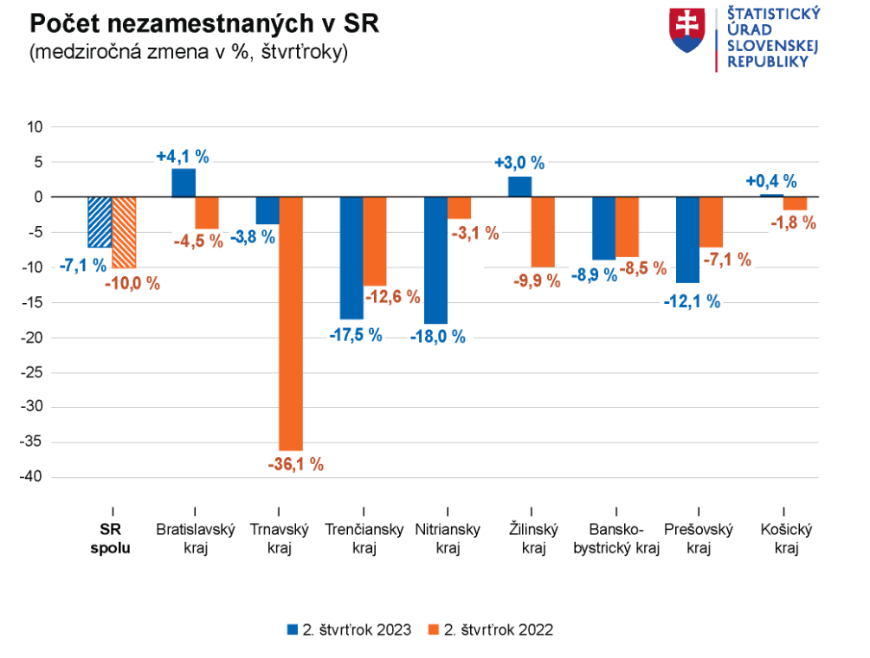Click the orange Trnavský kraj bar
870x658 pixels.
[x=291, y=323]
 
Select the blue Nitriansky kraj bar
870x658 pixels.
[x=435, y=260]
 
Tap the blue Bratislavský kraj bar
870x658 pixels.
[x=184, y=183]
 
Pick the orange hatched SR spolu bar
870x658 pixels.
[x=125, y=232]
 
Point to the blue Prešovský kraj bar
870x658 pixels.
[x=687, y=240]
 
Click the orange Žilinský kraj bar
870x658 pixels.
[x=543, y=232]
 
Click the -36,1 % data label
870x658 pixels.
[x=295, y=465]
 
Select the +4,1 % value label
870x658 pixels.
[x=183, y=157]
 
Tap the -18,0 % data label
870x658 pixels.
[x=436, y=338]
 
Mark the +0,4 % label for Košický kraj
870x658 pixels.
[x=771, y=182]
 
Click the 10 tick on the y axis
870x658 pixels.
[x=35, y=126]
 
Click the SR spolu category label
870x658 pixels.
[x=112, y=539]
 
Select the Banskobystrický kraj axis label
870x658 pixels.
[x=615, y=539]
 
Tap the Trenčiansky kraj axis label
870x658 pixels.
[x=364, y=539]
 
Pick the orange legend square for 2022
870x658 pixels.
[x=435, y=629]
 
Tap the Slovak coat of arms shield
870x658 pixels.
[x=688, y=29]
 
